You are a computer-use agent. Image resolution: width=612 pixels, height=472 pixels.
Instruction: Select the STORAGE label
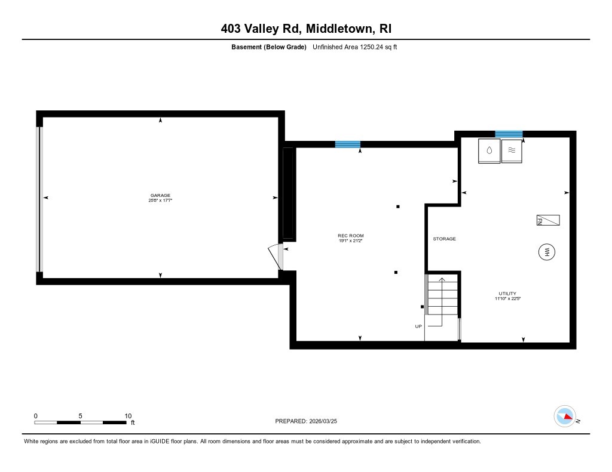pyautogui.click(x=444, y=239)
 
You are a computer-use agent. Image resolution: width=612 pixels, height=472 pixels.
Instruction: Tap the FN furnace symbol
pyautogui.click(x=548, y=220)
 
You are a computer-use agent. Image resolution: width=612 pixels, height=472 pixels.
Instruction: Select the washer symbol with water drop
pyautogui.click(x=489, y=151)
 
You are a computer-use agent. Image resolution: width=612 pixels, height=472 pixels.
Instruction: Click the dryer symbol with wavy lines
pyautogui.click(x=512, y=151)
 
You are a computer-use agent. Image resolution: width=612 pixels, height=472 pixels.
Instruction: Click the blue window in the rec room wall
pyautogui.click(x=347, y=144)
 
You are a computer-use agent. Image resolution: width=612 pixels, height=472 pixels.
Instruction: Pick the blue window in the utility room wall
pyautogui.click(x=509, y=134)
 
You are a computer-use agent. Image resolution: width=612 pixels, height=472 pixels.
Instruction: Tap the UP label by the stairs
pyautogui.click(x=418, y=326)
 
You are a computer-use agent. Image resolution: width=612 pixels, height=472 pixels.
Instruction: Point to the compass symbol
pyautogui.click(x=565, y=416)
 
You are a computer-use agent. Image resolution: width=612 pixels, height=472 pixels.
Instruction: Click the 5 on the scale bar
pyautogui.click(x=80, y=416)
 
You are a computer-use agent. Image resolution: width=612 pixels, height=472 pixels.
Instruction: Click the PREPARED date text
pyautogui.click(x=310, y=421)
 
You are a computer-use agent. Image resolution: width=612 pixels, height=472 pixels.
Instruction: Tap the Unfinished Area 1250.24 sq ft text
pyautogui.click(x=355, y=47)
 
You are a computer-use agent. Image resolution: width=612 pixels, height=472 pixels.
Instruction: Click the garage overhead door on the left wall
pyautogui.click(x=40, y=198)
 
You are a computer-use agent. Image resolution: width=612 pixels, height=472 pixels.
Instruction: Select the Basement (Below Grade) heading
pyautogui.click(x=269, y=47)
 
